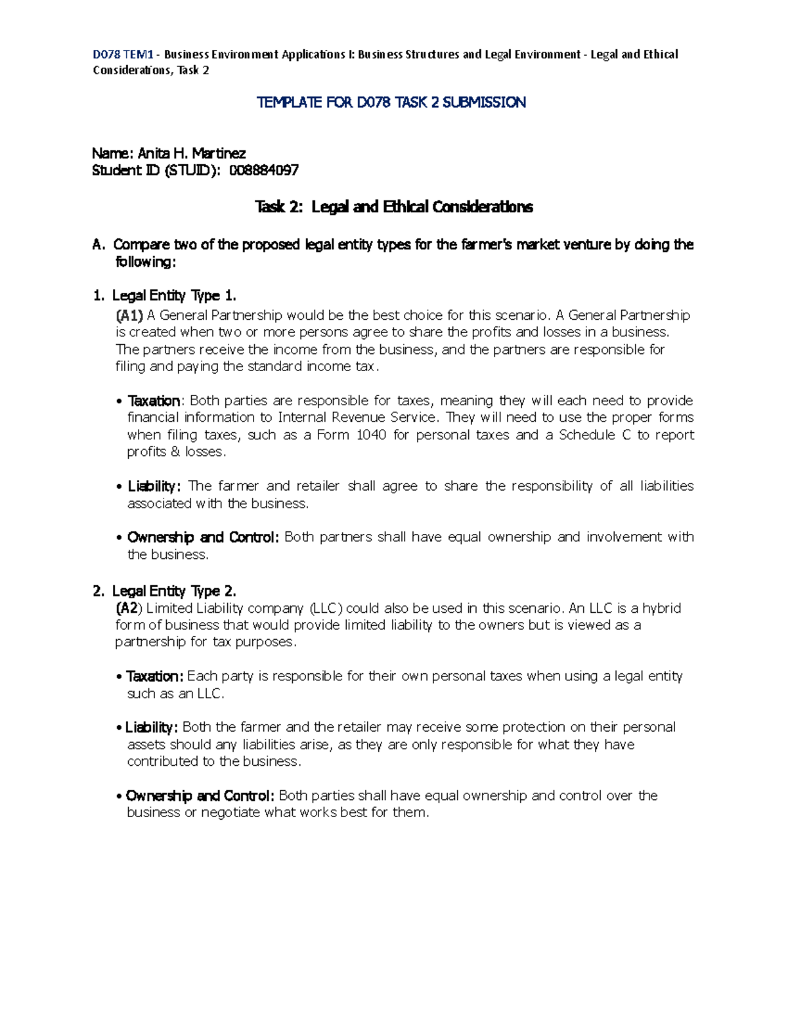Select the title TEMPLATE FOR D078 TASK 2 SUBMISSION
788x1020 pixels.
(x=391, y=102)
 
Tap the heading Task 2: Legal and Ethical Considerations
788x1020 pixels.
(x=393, y=208)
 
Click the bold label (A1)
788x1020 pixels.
(x=129, y=315)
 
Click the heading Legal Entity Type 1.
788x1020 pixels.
(x=174, y=296)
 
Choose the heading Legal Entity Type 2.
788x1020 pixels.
(x=174, y=591)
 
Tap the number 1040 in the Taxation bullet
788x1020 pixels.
(x=371, y=435)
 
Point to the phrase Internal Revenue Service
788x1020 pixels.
(x=358, y=418)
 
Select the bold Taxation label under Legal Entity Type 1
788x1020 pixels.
(x=154, y=401)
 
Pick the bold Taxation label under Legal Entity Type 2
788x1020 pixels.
(x=154, y=676)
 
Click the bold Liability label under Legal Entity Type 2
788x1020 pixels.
(x=150, y=728)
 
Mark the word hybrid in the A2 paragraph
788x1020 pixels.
(x=661, y=608)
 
